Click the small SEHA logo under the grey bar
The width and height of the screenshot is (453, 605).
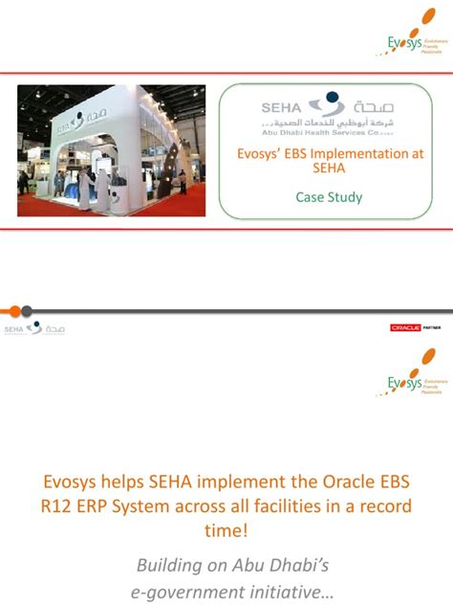click(34, 328)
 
